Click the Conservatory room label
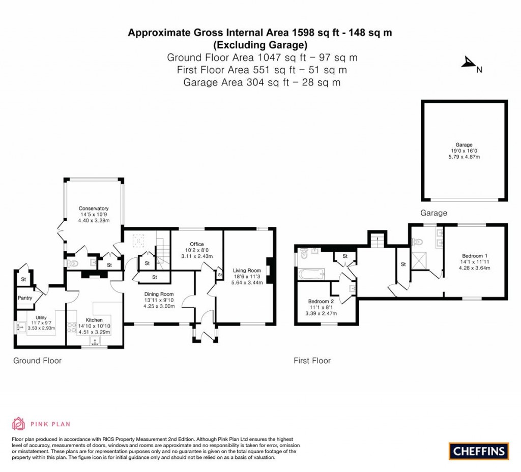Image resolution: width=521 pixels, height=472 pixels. pos(93,209)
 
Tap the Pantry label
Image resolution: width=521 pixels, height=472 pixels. pos(25,298)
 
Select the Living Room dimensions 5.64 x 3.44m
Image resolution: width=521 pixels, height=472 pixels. pos(247,282)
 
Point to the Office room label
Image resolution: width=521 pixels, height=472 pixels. pos(196,244)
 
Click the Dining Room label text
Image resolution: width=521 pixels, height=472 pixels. pos(158,294)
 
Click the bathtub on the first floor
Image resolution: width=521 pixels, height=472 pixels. pos(311,275)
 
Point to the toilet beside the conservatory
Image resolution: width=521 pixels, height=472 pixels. pos(73,263)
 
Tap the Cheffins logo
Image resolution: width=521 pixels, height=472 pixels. pos(478,451)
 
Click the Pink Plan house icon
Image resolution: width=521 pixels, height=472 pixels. pos(18,424)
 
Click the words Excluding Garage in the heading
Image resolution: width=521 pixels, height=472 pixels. pos(259,44)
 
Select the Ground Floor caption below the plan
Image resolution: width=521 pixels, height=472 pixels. pos(37,361)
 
